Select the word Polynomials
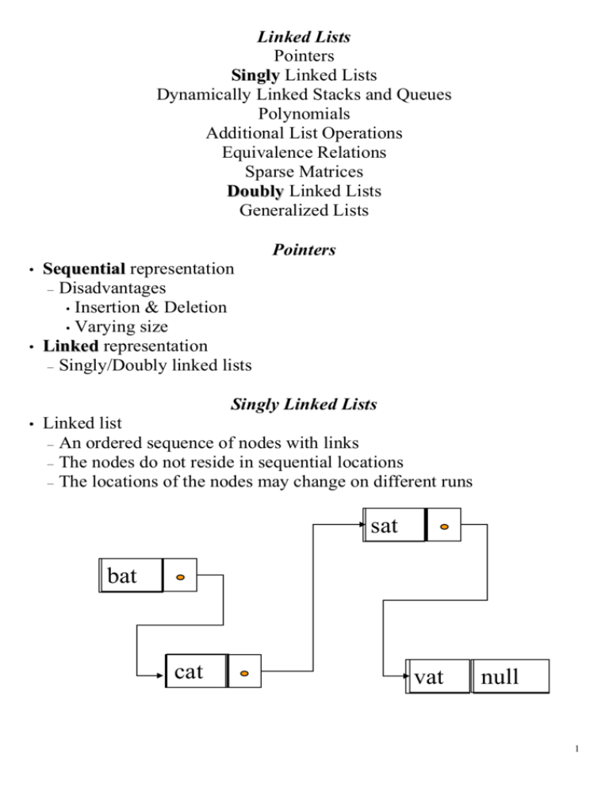pos(304,114)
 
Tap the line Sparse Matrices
pos(304,172)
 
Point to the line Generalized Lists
pos(304,211)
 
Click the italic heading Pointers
pos(304,251)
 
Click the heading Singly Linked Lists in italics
pos(304,404)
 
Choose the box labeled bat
pos(132,576)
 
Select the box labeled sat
pos(393,526)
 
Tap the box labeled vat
pos(437,676)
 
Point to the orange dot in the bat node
pos(181,576)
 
